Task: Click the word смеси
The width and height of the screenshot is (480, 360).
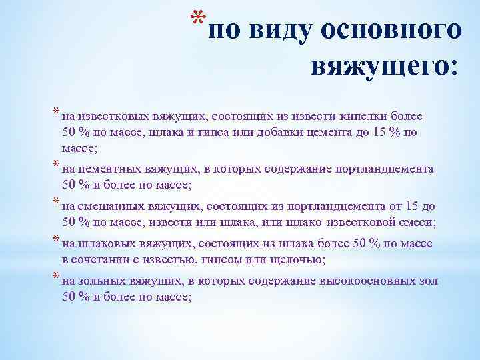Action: pos(411,222)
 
